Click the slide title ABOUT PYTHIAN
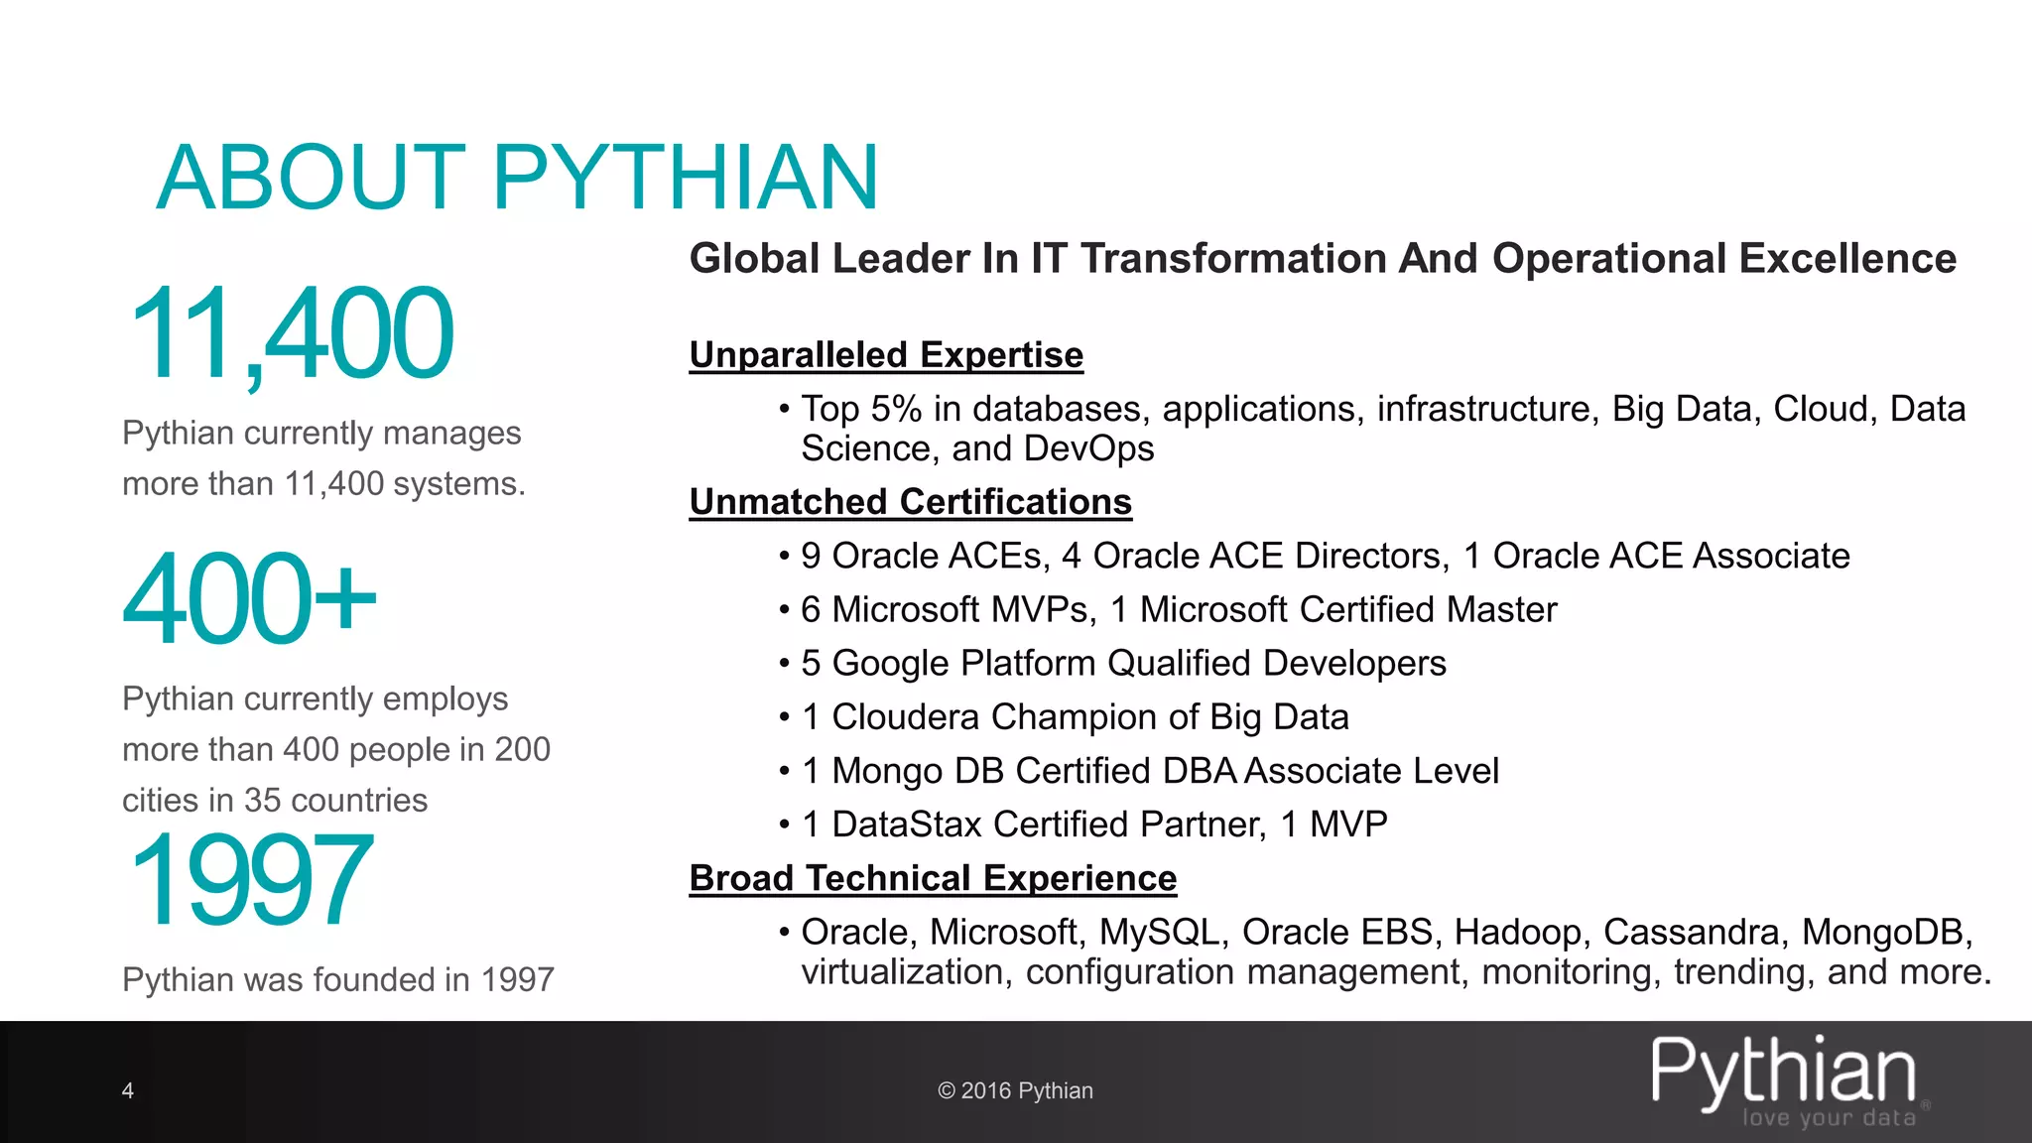click(517, 178)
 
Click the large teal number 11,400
click(291, 334)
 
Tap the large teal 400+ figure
click(249, 598)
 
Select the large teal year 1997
click(251, 880)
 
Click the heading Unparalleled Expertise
click(886, 355)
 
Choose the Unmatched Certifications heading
click(910, 502)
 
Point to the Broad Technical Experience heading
click(933, 878)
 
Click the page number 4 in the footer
click(127, 1091)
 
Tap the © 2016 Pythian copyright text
click(1015, 1091)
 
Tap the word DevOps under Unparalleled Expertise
click(1088, 448)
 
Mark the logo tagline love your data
click(1829, 1118)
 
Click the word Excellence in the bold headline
click(1847, 259)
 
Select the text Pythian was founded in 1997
click(337, 980)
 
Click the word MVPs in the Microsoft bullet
click(1042, 610)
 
